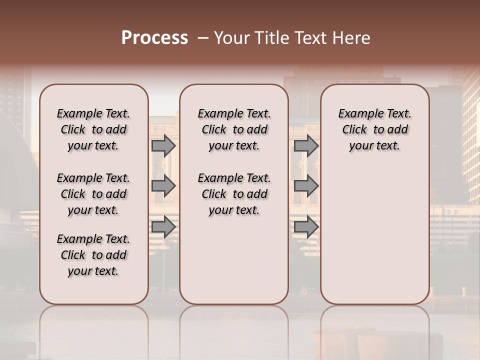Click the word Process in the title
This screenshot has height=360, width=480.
(x=154, y=38)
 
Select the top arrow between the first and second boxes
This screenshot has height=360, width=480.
(x=163, y=145)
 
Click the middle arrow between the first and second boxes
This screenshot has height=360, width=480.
(x=163, y=186)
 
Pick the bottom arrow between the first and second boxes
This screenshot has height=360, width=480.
(x=163, y=226)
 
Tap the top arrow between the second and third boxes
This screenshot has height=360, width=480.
(x=306, y=145)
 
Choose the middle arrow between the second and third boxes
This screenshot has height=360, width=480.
(x=306, y=186)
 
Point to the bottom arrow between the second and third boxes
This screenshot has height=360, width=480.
(x=306, y=226)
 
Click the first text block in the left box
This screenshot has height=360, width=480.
(x=93, y=129)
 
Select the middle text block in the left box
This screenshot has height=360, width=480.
(x=93, y=194)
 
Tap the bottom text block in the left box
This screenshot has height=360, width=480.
(x=93, y=255)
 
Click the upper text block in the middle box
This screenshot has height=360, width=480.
(x=234, y=129)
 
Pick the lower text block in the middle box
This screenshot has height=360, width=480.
(x=234, y=194)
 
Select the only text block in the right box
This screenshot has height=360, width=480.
(x=375, y=129)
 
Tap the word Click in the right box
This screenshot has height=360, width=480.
(x=354, y=130)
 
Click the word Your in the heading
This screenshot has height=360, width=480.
(x=229, y=38)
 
